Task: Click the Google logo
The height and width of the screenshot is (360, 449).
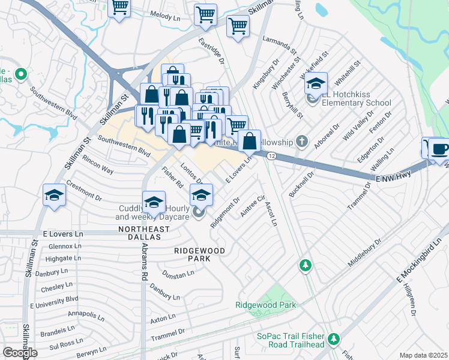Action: tap(20, 353)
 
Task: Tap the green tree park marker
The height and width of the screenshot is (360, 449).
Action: tap(306, 265)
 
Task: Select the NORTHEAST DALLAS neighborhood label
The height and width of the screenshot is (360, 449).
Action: tap(139, 233)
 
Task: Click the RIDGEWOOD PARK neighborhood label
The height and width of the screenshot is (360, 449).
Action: tap(200, 254)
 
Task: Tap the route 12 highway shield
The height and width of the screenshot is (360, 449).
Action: tap(272, 156)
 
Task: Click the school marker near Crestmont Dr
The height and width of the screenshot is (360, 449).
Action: tap(54, 196)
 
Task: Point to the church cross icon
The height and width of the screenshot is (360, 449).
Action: tap(302, 142)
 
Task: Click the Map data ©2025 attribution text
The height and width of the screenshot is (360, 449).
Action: tap(424, 355)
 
